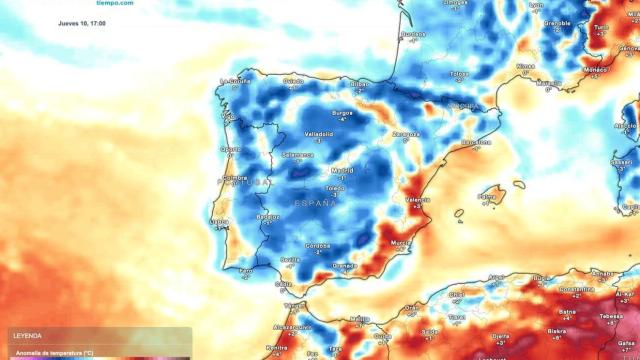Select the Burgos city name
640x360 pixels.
pos(343,114)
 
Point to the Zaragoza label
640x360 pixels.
pos(406,133)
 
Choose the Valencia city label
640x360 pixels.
pos(417,200)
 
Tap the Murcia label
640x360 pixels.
pos(401,242)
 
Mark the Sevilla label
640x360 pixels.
pos(291,260)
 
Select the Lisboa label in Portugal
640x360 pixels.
pos(220,221)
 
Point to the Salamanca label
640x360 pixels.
pos(297,155)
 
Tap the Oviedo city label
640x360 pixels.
pos(293,82)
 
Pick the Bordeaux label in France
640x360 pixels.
pos(412,35)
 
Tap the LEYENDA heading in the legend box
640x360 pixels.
pos(27,337)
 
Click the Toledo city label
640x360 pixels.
pos(336,187)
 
